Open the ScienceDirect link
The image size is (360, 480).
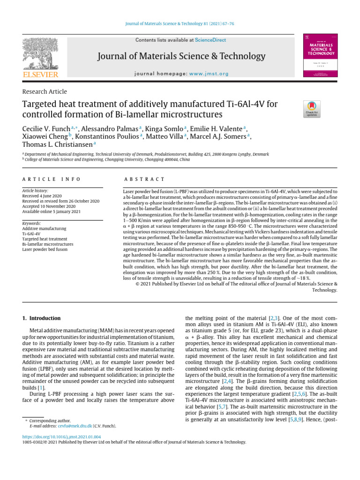point(210,41)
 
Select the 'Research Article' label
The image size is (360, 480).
point(45,92)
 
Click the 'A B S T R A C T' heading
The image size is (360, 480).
point(144,180)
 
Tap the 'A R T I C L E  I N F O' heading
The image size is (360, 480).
point(52,180)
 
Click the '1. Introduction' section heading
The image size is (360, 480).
point(42,318)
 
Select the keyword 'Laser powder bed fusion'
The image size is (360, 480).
point(45,249)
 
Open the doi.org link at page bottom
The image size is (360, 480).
point(61,436)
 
